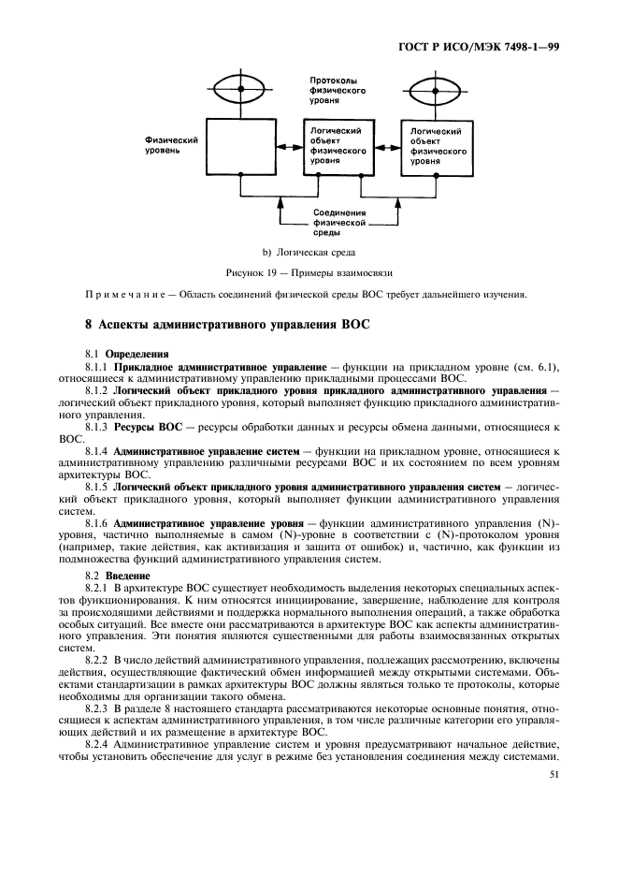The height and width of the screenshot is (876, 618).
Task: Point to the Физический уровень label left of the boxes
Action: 171,144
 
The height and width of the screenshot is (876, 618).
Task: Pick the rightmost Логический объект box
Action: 438,148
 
